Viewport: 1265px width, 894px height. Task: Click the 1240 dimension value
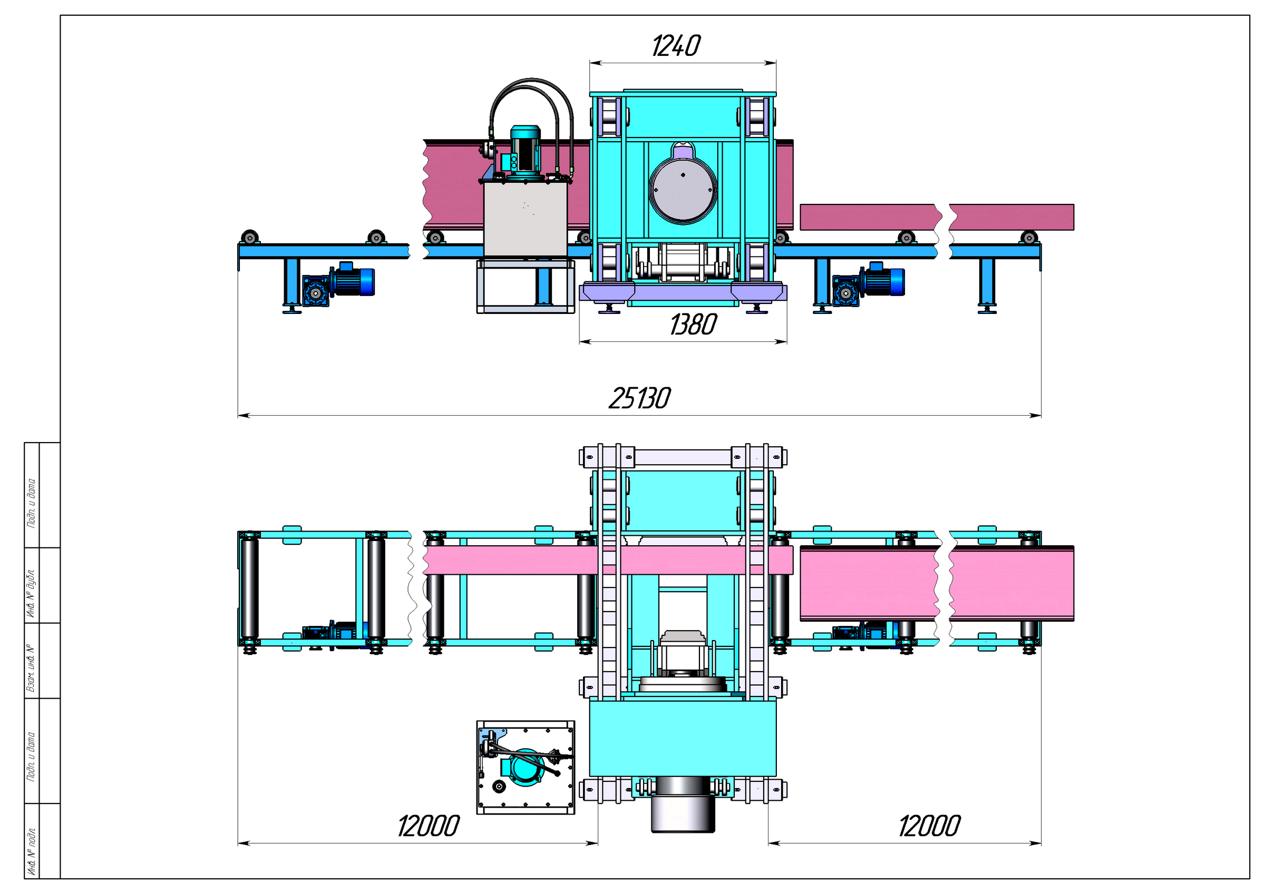click(676, 46)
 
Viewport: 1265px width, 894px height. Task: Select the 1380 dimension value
click(693, 325)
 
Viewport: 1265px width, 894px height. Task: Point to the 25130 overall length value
click(640, 398)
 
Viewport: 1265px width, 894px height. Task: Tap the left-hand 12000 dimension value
click(429, 826)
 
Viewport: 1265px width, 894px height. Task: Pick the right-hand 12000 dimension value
click(929, 826)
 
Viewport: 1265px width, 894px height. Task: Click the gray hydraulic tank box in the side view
click(526, 219)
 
